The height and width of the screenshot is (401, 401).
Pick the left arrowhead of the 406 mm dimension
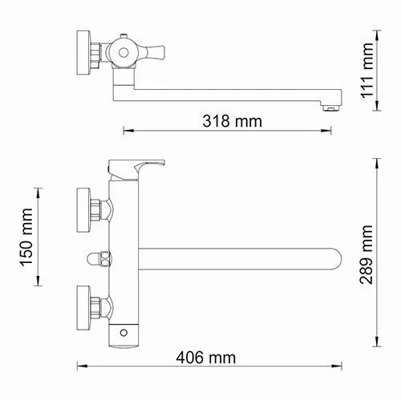click(79, 368)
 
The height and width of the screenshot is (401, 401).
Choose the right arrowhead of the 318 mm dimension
click(331, 131)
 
